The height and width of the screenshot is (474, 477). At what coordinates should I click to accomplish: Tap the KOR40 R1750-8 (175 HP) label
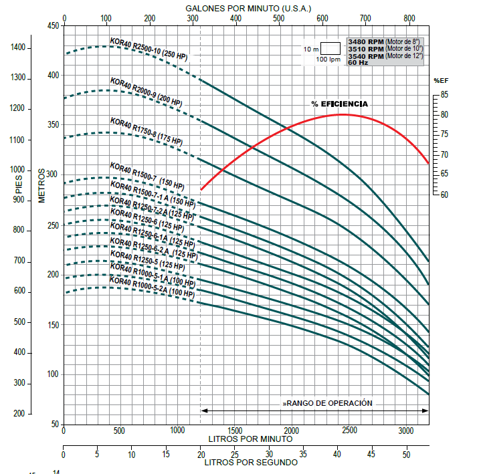pyautogui.click(x=147, y=131)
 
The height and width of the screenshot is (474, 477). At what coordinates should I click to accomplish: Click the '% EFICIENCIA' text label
pyautogui.click(x=340, y=104)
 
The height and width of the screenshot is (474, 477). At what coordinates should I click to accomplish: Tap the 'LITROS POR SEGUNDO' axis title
pyautogui.click(x=251, y=462)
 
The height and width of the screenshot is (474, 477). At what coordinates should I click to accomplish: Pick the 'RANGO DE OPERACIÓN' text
pyautogui.click(x=328, y=404)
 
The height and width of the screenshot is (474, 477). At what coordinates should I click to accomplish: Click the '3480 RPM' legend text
pyautogui.click(x=365, y=42)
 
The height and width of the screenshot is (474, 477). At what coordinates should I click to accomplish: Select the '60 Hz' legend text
pyautogui.click(x=359, y=62)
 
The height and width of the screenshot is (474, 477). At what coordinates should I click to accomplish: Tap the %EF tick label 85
pyautogui.click(x=444, y=95)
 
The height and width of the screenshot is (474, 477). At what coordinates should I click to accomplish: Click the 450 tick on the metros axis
pyautogui.click(x=52, y=26)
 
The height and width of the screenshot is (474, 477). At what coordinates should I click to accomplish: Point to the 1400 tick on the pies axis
pyautogui.click(x=19, y=48)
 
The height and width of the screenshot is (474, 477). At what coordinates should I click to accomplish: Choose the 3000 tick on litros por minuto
pyautogui.click(x=405, y=431)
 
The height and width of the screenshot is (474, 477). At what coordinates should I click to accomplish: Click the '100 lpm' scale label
pyautogui.click(x=328, y=60)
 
